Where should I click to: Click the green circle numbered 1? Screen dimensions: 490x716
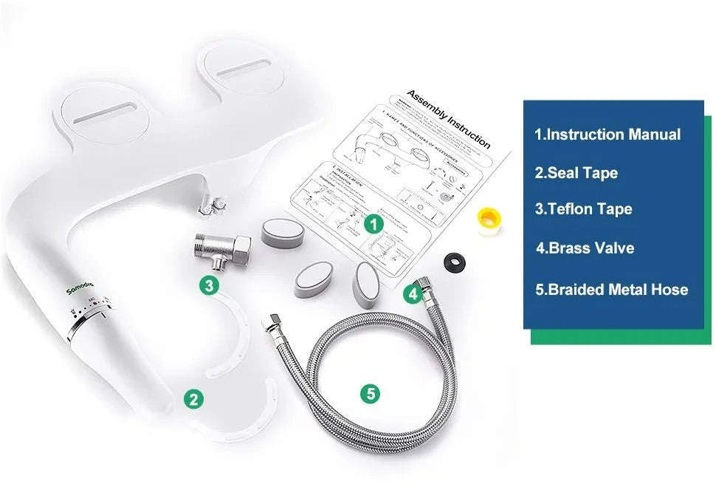click(x=375, y=222)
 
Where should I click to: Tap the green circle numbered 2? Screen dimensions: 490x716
click(x=193, y=400)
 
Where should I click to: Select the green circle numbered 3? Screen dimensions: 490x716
click(x=210, y=285)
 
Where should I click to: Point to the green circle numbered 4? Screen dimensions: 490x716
click(x=413, y=294)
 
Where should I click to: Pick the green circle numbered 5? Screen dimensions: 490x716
click(x=371, y=394)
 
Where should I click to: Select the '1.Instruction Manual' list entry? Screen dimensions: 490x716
click(x=607, y=135)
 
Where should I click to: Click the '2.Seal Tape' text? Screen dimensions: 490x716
click(x=576, y=173)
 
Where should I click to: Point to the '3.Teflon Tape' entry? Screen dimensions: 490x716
click(x=583, y=209)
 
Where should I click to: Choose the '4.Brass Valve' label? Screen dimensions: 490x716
click(x=585, y=248)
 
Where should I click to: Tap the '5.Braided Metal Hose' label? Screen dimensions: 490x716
click(x=611, y=289)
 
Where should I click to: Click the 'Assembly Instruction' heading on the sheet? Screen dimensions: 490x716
click(x=449, y=119)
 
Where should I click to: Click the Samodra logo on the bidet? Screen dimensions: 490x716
click(x=79, y=285)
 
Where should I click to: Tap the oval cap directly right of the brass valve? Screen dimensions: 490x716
click(x=281, y=233)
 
